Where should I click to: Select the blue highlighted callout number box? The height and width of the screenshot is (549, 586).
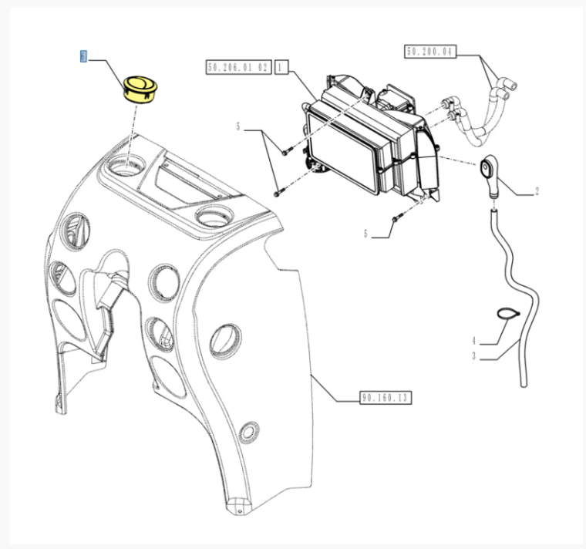83,56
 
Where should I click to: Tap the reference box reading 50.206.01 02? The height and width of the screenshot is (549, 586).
238,69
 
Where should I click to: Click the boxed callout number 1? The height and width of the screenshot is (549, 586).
281,69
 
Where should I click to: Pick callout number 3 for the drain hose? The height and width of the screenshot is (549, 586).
474,356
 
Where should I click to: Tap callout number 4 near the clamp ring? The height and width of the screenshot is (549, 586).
474,340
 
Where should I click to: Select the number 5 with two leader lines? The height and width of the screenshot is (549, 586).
239,126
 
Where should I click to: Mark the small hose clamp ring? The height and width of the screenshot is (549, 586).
506,313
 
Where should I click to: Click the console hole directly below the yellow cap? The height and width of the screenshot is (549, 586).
129,164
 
